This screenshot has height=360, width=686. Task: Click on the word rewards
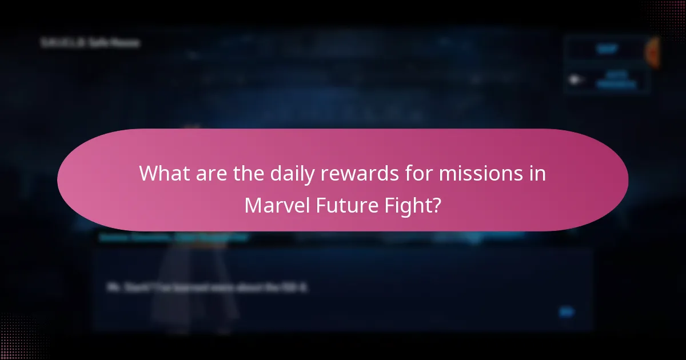point(354,173)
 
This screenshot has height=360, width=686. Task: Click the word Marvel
point(277,205)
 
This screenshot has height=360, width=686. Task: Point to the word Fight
point(408,205)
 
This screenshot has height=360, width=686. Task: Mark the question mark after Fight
point(437,205)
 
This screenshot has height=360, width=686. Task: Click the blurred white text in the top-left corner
point(90,43)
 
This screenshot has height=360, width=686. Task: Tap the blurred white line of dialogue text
point(208,287)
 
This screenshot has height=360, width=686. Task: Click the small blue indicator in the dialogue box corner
point(566,312)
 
